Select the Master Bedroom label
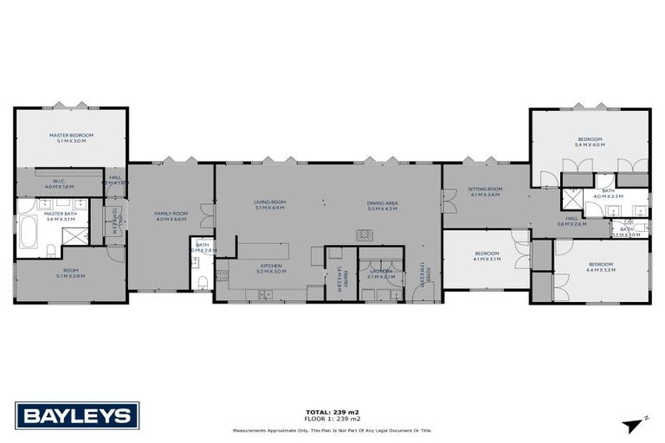tap(70, 135)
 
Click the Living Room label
tap(269, 202)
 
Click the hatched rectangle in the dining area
tap(365, 234)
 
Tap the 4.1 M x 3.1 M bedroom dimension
tap(487, 259)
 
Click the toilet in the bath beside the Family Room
tap(201, 281)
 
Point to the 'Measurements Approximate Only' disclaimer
tap(332, 430)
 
